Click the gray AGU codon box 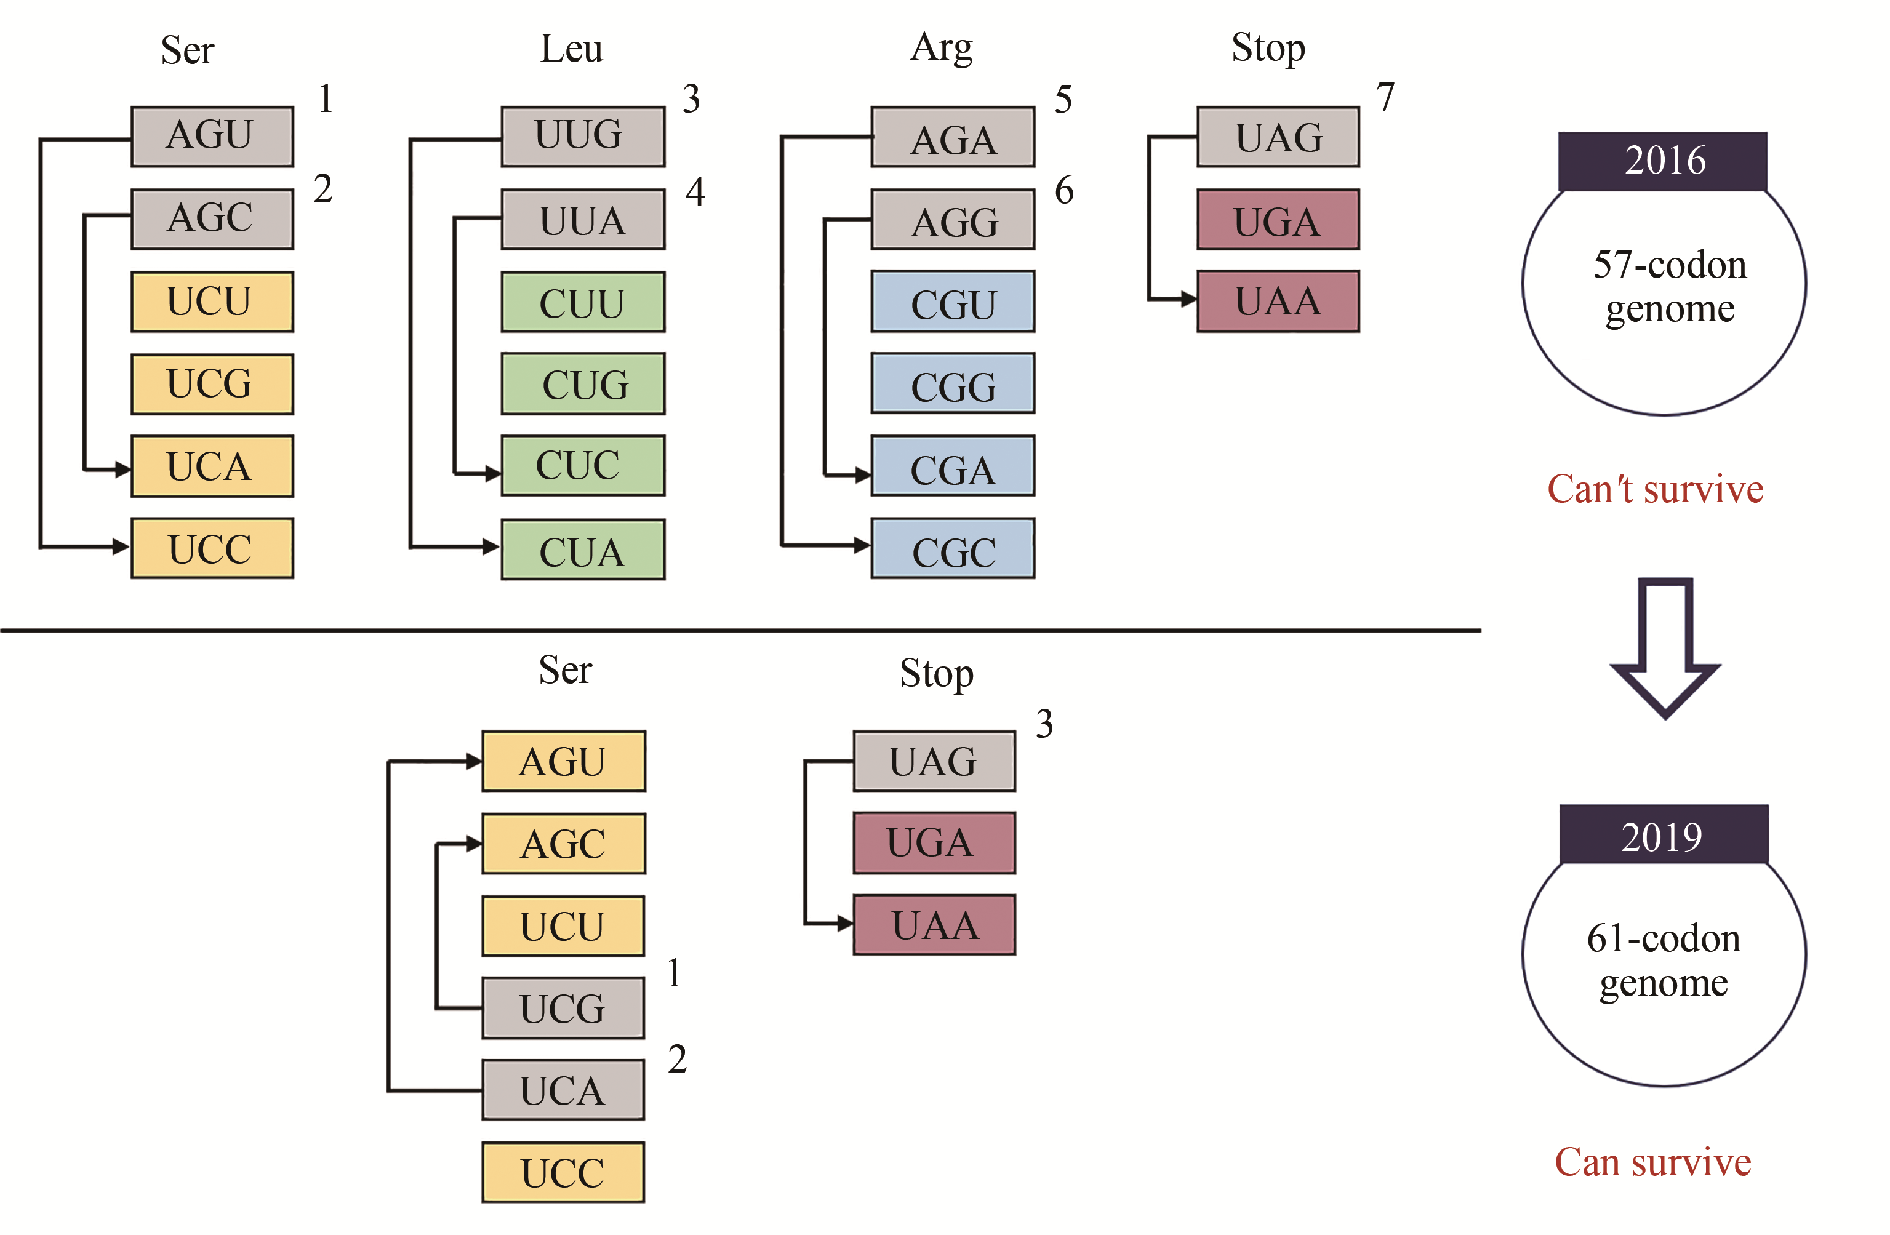(212, 137)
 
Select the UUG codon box (582, 137)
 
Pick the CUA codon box (582, 550)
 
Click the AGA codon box (952, 137)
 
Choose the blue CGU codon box (952, 302)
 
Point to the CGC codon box (952, 549)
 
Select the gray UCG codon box (563, 1008)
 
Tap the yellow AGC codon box (563, 844)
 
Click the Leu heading (571, 49)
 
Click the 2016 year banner (1662, 161)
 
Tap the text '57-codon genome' (1669, 286)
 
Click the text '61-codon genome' (1663, 959)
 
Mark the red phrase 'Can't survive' (1655, 489)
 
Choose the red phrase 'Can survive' (1652, 1162)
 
